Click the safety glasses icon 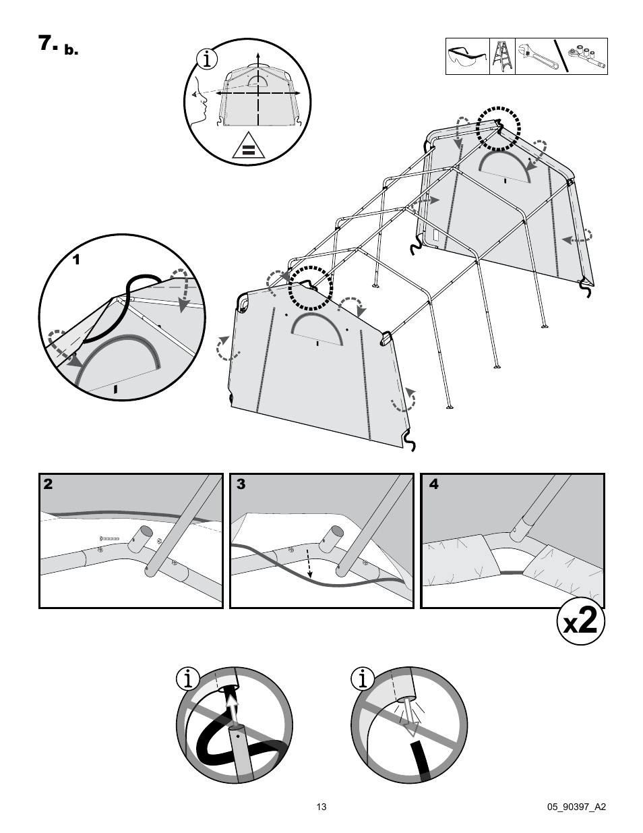468,57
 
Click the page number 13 321,807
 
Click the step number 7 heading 49,44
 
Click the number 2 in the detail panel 49,484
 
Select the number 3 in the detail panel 241,484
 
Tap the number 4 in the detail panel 433,484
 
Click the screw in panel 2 109,538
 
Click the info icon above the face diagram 208,59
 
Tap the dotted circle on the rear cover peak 499,127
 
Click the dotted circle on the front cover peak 311,287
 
